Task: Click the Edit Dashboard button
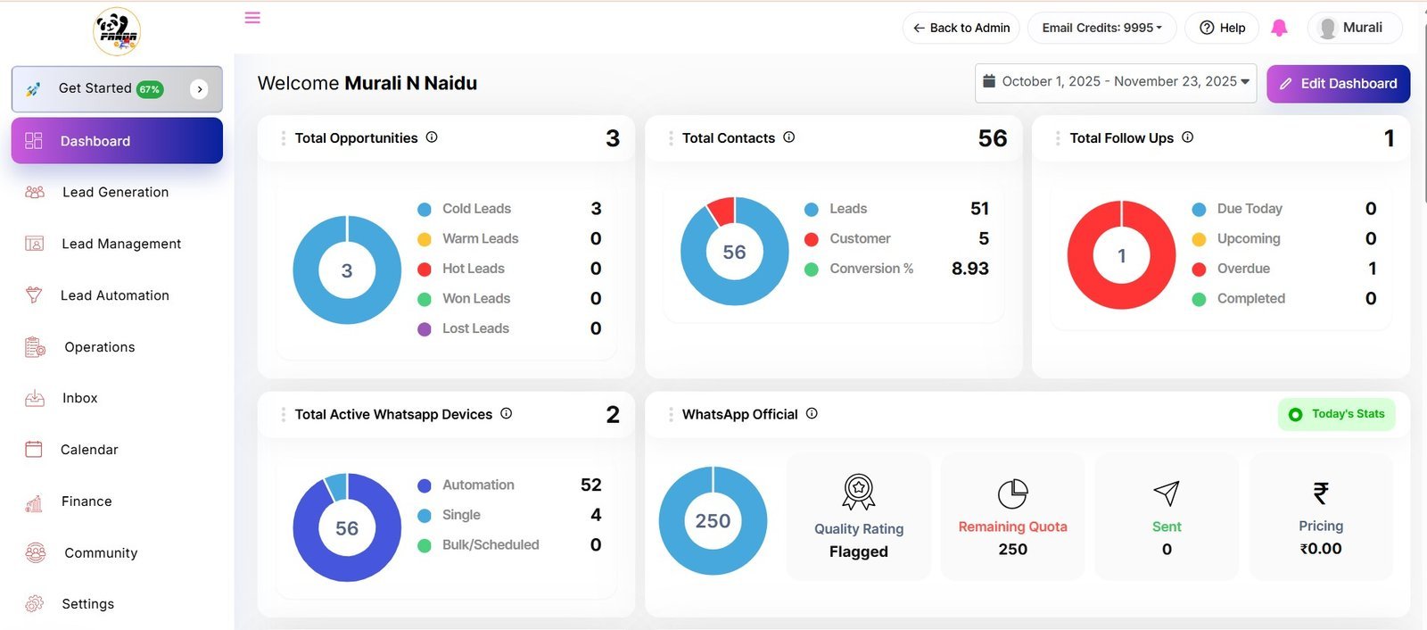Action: tap(1338, 84)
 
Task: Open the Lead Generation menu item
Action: tap(115, 192)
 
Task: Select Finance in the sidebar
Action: tap(86, 502)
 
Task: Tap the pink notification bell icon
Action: tap(1279, 28)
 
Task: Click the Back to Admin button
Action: tap(961, 28)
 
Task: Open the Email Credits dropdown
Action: tap(1101, 28)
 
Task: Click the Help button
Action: tap(1222, 28)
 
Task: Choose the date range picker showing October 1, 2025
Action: tap(1116, 82)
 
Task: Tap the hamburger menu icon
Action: tap(252, 17)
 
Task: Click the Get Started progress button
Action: tap(117, 88)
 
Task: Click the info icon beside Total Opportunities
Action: tap(432, 137)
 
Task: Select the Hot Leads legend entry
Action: tap(461, 269)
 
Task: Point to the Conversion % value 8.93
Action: tap(969, 269)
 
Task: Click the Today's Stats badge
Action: tap(1337, 414)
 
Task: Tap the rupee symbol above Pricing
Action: tap(1321, 493)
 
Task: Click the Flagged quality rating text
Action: tap(858, 551)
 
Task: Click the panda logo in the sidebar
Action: tap(117, 31)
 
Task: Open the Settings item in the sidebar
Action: tap(87, 604)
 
